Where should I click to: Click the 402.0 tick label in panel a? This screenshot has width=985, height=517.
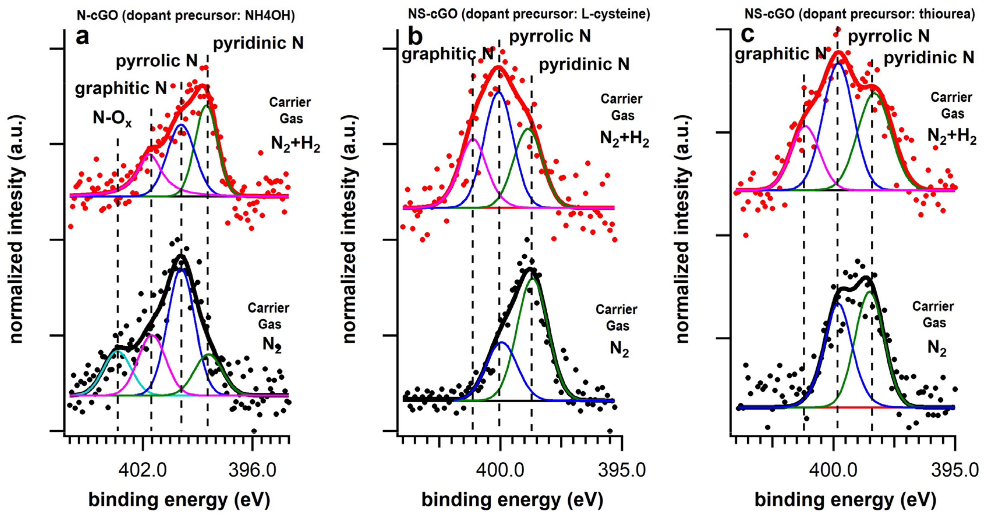point(142,470)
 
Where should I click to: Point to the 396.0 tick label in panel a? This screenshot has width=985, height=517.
point(252,470)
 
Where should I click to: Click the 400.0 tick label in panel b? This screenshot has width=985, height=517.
point(499,470)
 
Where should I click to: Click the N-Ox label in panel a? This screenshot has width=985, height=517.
point(112,118)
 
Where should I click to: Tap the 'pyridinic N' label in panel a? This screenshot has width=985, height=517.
point(258,43)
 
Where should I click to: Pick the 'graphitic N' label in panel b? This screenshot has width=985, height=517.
point(447,54)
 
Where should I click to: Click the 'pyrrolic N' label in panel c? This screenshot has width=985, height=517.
point(889,36)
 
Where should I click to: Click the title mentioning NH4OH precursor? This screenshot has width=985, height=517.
point(186,15)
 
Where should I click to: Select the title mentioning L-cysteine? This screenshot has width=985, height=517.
point(529,14)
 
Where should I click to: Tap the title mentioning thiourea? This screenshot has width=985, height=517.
point(859,14)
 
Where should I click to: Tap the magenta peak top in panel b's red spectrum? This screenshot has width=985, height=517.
point(473,139)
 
